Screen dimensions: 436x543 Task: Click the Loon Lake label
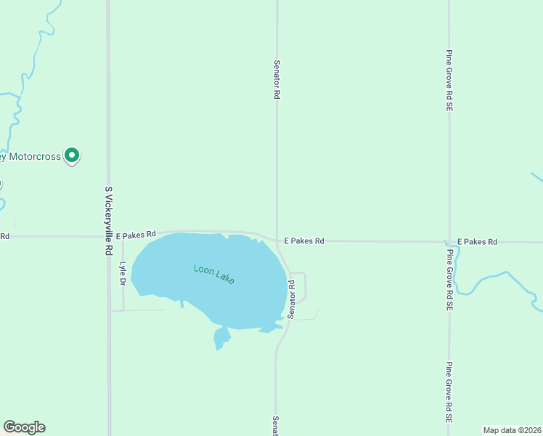tap(214, 274)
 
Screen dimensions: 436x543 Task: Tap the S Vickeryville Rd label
tap(109, 219)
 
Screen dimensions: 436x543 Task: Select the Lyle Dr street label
tap(123, 271)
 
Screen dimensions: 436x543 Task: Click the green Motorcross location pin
tap(72, 155)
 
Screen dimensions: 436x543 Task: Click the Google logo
tap(24, 427)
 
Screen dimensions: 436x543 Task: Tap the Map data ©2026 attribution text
tap(513, 430)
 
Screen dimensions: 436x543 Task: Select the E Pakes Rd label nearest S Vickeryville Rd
tap(136, 234)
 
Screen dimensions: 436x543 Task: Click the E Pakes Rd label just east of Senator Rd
tap(303, 241)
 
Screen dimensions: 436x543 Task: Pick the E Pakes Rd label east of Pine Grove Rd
tap(477, 241)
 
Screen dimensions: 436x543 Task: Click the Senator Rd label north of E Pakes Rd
tap(277, 79)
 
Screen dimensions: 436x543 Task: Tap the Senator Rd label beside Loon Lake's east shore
tap(290, 299)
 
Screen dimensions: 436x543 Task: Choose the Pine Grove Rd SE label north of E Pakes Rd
tap(450, 80)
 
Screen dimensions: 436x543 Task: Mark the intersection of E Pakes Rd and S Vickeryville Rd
tap(109, 235)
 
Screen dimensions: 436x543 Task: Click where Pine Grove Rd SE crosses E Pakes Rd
tap(449, 241)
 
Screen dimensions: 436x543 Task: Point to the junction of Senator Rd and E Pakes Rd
tap(277, 240)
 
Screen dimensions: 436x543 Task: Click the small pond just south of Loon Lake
tap(221, 337)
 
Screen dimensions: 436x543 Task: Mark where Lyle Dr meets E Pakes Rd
tap(122, 235)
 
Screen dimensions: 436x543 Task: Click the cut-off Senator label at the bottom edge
tap(276, 426)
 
